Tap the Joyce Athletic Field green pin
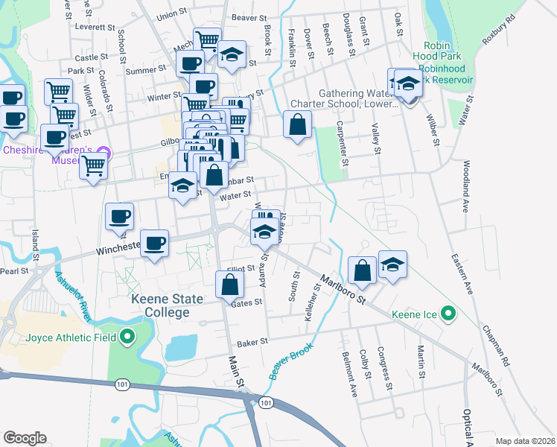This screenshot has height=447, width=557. coord(127,337)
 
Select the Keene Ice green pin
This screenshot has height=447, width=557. coord(448,314)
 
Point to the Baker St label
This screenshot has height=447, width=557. coord(252,343)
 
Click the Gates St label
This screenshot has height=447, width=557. coord(247,303)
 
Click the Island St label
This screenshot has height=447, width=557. coord(34,239)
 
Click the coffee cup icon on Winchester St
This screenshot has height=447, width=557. coord(154,244)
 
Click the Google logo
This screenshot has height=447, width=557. coord(25,438)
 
